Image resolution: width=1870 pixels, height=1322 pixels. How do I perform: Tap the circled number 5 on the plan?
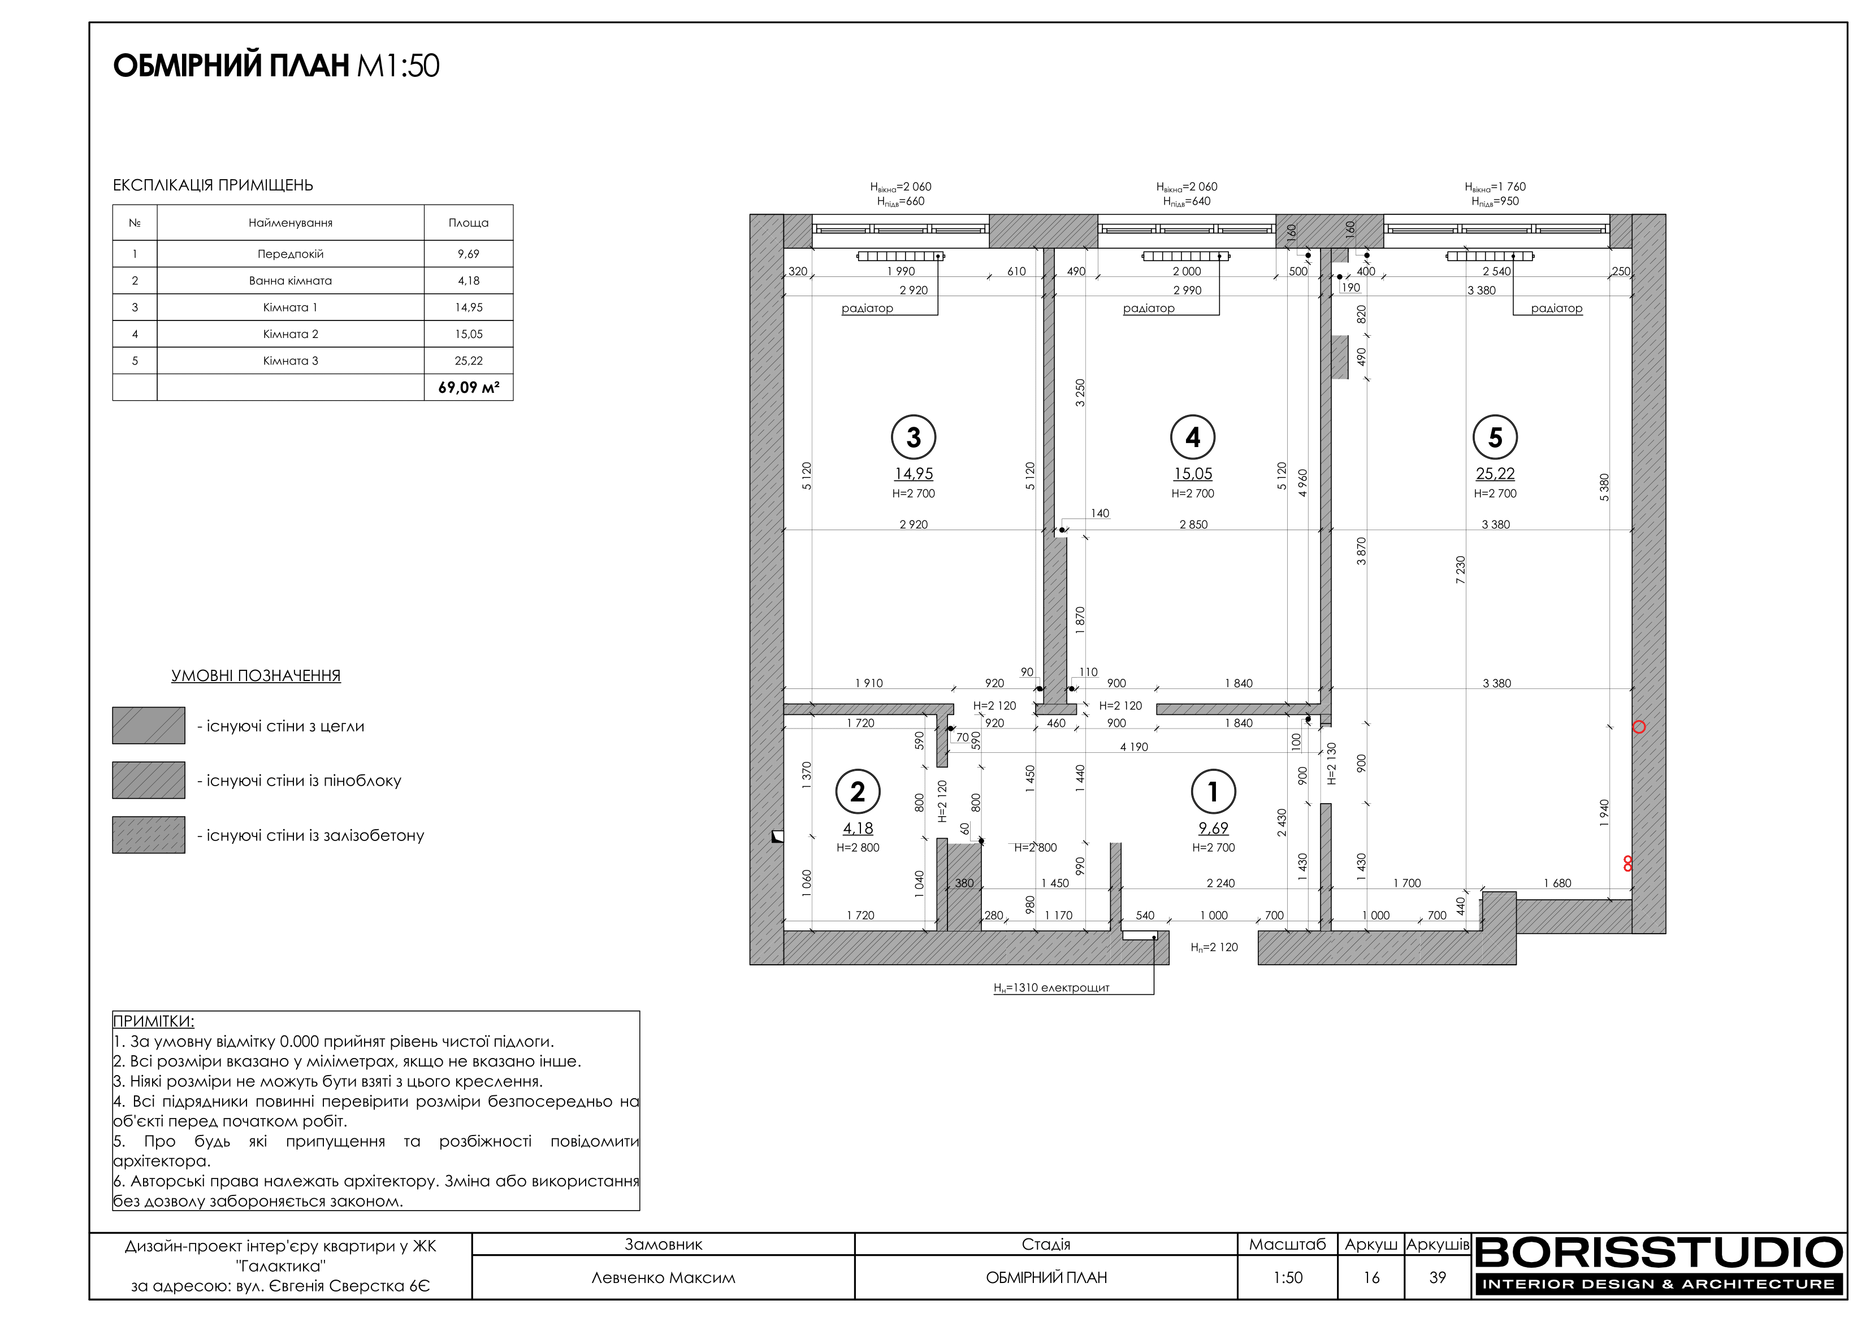coord(1495,437)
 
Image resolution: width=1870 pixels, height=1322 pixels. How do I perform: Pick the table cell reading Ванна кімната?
coord(291,280)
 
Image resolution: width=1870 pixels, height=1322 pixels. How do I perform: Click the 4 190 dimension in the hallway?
coord(1134,747)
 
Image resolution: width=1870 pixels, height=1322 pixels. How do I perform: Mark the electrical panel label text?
coord(1051,988)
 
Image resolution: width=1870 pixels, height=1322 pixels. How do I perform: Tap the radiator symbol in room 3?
coord(900,257)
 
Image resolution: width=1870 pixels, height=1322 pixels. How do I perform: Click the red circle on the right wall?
coord(1639,727)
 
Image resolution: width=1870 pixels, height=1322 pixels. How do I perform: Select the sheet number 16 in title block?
coord(1371,1277)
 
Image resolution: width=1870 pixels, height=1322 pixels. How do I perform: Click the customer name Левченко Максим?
coord(663,1277)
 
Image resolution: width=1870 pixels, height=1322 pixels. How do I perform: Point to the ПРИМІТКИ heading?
coord(153,1021)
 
